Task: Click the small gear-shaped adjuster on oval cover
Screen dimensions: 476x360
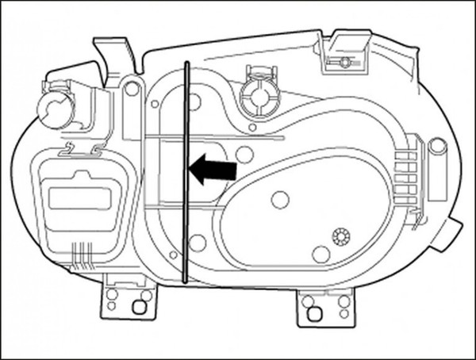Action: (x=341, y=236)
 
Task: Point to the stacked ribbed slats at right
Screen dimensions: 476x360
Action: (x=405, y=170)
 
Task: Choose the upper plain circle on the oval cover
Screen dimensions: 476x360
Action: (x=279, y=200)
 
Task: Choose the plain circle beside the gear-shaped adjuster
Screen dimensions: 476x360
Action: (x=321, y=254)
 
